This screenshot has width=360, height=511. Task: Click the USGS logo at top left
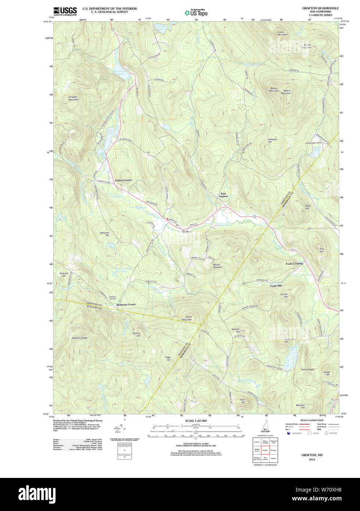point(65,11)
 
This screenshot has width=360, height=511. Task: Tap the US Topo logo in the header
point(196,12)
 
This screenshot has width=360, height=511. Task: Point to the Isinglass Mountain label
point(73,98)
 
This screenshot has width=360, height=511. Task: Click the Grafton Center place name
point(123,180)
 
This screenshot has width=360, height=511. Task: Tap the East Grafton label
point(224,195)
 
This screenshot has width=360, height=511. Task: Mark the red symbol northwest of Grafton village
point(167,219)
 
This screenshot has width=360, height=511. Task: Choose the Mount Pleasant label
point(217,266)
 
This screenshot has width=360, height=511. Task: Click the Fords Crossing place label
point(295,264)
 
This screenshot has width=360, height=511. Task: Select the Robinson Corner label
point(126,305)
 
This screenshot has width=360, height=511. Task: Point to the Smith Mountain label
point(188,318)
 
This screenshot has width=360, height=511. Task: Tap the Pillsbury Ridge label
point(79,337)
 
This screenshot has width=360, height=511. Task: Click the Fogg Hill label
point(168,358)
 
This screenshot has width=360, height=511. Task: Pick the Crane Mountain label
point(283,33)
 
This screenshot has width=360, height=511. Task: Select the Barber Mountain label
point(274,89)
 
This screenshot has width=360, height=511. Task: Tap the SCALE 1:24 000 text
point(196,421)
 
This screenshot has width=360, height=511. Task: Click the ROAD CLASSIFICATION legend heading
point(312,420)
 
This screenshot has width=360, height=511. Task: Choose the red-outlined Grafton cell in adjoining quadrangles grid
point(265,450)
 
